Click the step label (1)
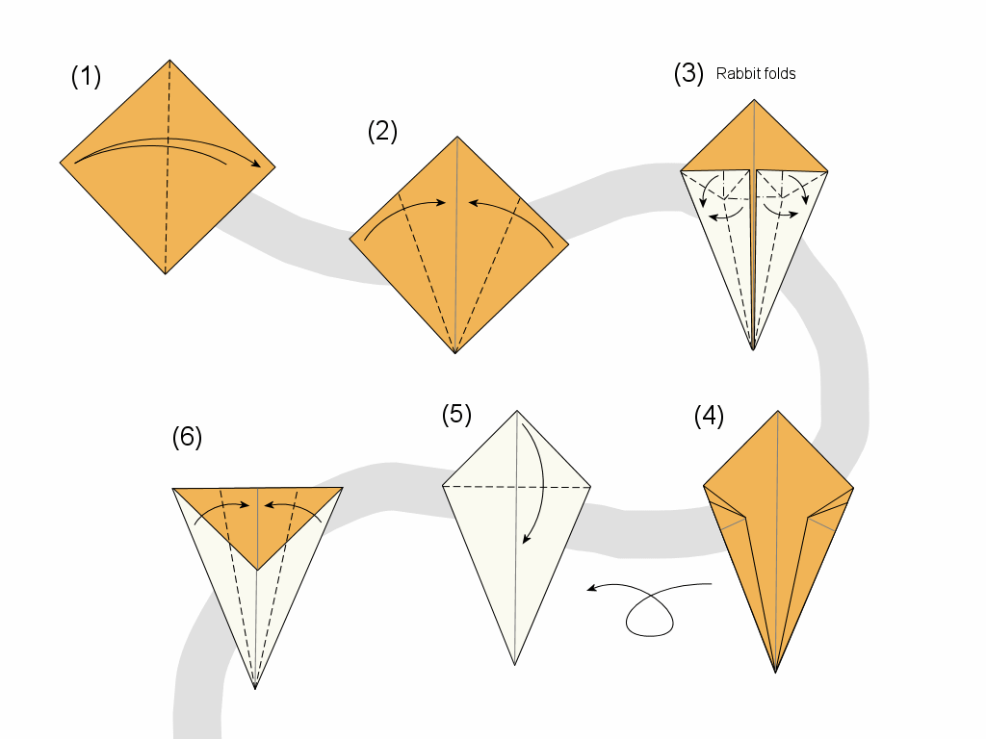click(86, 77)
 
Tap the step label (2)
click(382, 132)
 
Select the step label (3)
click(688, 75)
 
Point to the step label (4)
click(709, 417)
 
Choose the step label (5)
click(456, 415)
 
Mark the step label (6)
click(187, 437)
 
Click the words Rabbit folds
click(756, 74)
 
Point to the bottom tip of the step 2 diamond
click(455, 353)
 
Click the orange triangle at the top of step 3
click(754, 144)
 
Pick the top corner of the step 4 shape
click(777, 411)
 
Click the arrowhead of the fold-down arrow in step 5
click(526, 540)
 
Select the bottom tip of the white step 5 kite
click(515, 664)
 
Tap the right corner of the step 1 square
click(274, 166)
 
